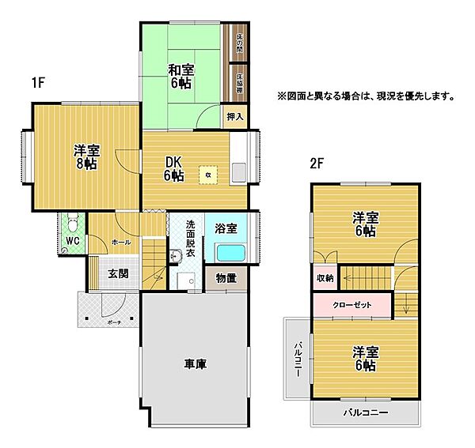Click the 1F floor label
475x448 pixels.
(x=38, y=81)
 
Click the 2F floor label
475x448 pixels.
(x=317, y=164)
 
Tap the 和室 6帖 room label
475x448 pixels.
(x=180, y=75)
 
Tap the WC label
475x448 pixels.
(x=73, y=240)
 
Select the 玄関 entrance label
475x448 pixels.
(x=119, y=274)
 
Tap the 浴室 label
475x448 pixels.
(x=226, y=228)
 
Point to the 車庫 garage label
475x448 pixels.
(x=196, y=364)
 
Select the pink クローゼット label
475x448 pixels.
(x=352, y=303)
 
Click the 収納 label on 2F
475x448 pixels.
(x=325, y=278)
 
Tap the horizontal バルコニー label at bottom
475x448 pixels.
(x=365, y=413)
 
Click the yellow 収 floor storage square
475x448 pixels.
(x=208, y=175)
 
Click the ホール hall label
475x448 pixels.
(x=121, y=242)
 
